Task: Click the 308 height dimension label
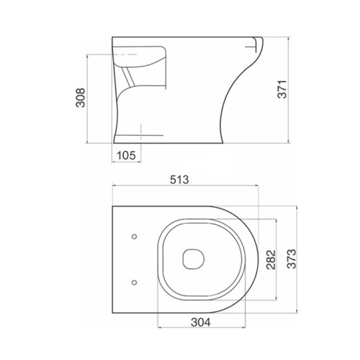(x=81, y=98)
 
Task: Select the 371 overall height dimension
(x=282, y=89)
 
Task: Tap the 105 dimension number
(x=127, y=155)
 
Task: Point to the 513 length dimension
(x=179, y=179)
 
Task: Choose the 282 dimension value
(x=271, y=259)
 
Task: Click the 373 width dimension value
(x=292, y=259)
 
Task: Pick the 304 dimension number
(x=201, y=322)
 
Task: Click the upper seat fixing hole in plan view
(x=134, y=237)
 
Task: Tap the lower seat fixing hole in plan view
(x=134, y=282)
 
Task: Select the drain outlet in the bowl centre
(x=193, y=259)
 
